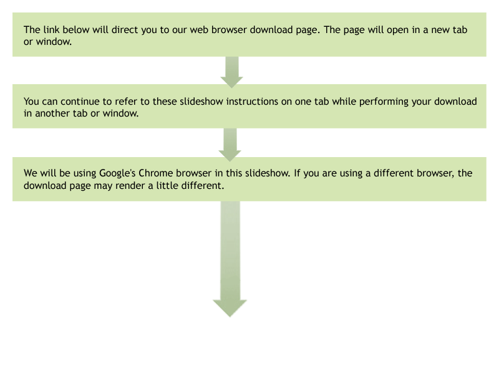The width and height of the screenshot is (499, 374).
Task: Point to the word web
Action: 199,29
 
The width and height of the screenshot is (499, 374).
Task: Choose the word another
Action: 52,113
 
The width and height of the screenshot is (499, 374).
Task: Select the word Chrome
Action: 156,173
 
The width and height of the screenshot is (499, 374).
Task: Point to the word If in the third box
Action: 297,173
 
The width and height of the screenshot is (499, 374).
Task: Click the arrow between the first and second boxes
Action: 231,72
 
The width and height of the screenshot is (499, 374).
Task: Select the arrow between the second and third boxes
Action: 230,145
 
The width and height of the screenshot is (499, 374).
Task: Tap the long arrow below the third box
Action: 230,259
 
